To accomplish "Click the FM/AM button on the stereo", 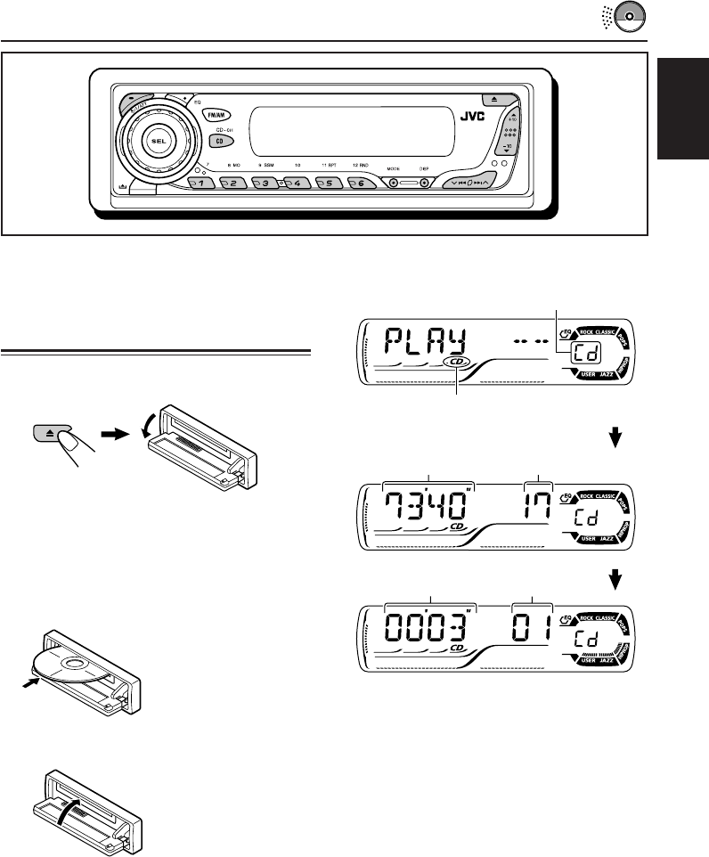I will click(x=216, y=115).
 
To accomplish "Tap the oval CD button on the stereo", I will click(x=216, y=141).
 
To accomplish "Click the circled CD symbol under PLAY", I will click(x=457, y=363).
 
